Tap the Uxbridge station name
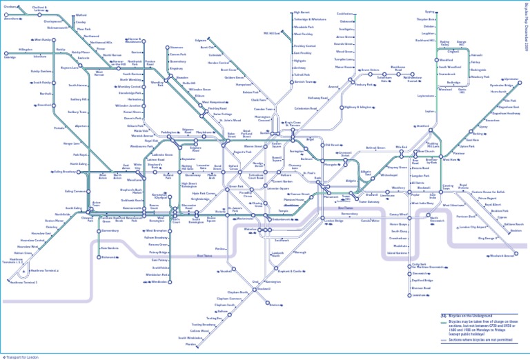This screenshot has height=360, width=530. pos(10,58)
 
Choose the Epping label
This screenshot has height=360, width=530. pos(429,12)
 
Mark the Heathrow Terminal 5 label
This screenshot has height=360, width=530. pos(24,282)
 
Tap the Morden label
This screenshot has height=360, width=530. pos(190,344)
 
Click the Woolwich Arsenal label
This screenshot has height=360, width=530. pos(502,256)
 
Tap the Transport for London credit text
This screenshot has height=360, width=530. pos(23,357)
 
